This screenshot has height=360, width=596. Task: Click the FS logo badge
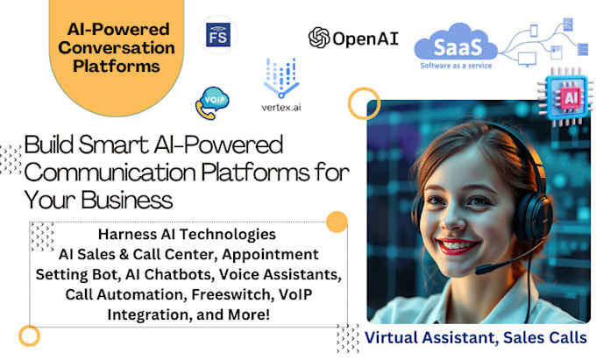tap(218, 36)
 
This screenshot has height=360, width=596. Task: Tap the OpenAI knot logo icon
tap(319, 38)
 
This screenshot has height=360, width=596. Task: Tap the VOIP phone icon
tap(210, 102)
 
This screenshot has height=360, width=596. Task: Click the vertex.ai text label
tap(281, 108)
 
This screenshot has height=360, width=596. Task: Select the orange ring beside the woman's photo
tap(363, 104)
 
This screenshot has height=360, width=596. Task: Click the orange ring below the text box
tap(30, 335)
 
